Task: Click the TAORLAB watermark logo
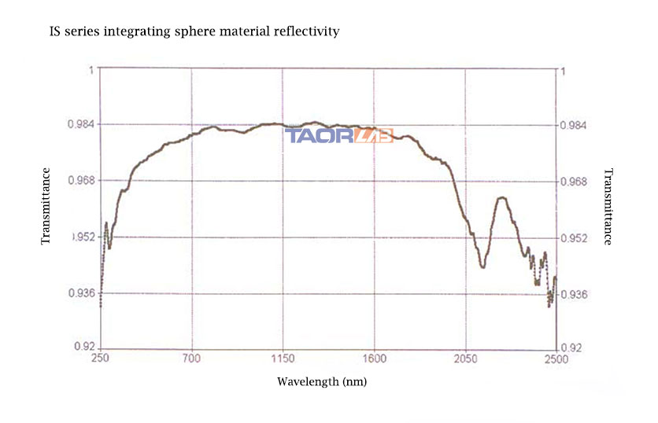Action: [339, 136]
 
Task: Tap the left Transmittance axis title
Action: [46, 205]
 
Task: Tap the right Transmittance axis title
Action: [607, 207]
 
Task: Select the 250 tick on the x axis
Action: [100, 359]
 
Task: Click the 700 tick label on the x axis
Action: [192, 359]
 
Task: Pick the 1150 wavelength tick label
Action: [283, 359]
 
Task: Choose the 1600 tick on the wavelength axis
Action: [375, 359]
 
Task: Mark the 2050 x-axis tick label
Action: [465, 359]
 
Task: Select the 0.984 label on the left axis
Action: [82, 124]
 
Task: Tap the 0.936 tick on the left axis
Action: [82, 293]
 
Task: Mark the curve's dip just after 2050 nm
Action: [482, 267]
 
